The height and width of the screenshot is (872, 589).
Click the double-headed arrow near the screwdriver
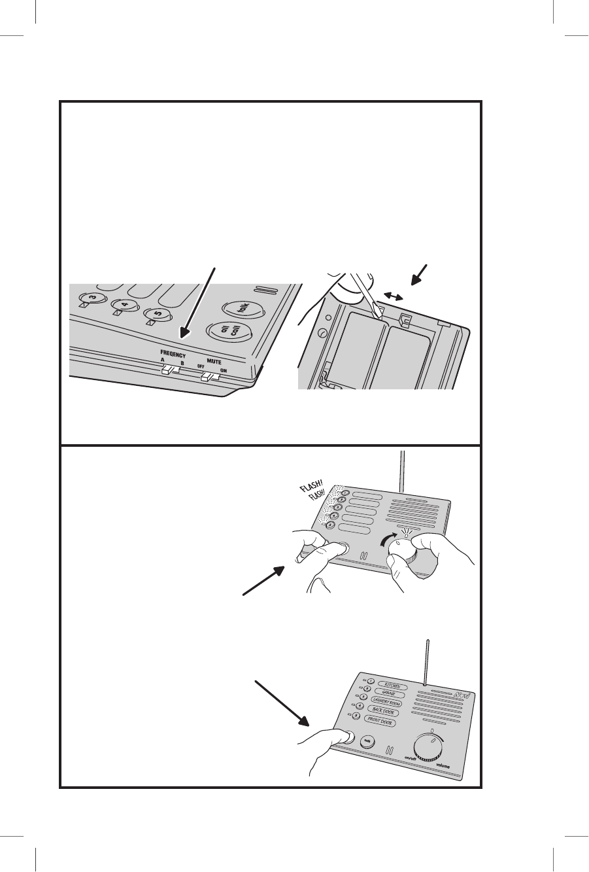[394, 296]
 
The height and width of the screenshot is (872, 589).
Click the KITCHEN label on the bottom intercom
[392, 688]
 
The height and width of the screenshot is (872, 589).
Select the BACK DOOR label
[384, 713]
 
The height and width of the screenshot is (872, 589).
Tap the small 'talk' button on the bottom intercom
[368, 741]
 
